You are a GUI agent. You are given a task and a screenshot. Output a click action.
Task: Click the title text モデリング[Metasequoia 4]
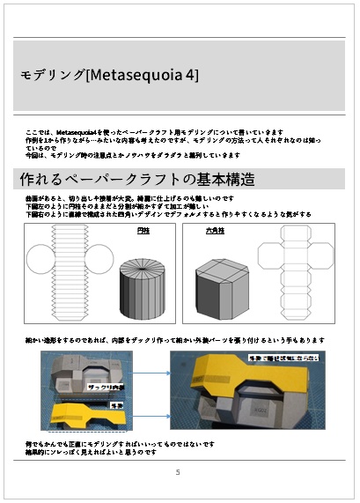click(110, 76)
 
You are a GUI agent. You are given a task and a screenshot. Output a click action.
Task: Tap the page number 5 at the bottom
click(178, 472)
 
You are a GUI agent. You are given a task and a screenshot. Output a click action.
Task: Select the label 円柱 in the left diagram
click(144, 230)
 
